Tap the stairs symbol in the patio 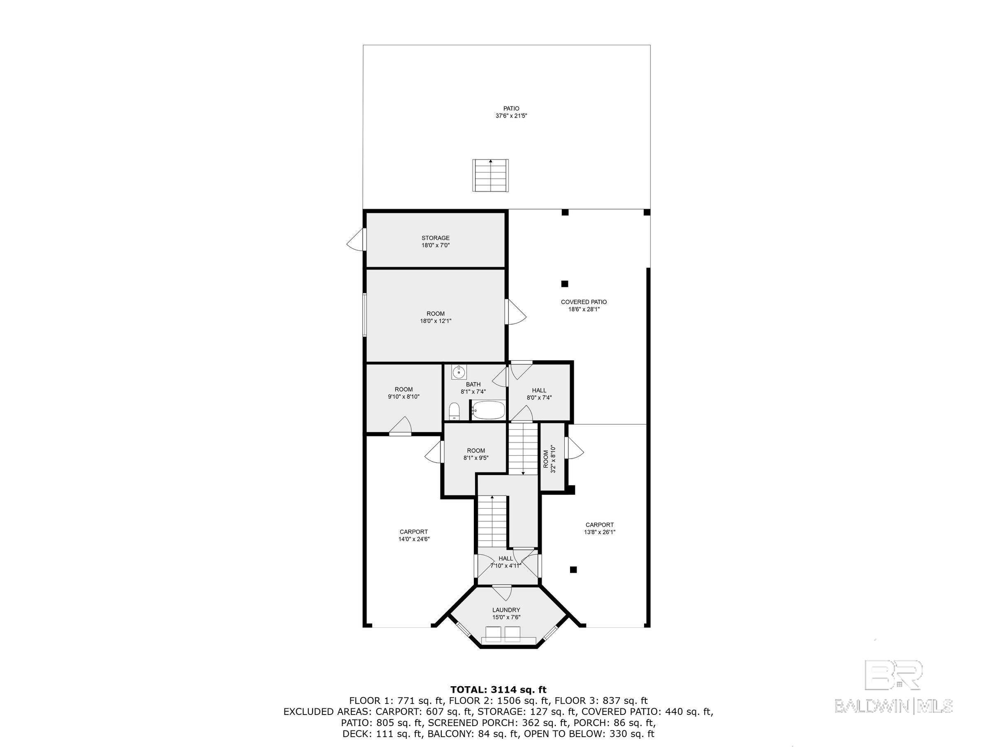[x=490, y=175]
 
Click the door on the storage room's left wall [x=356, y=240]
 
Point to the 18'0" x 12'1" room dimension [x=436, y=321]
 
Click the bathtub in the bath [x=488, y=410]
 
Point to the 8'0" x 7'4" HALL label [x=539, y=394]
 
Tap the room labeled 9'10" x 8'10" [x=403, y=393]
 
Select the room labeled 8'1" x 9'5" [x=476, y=454]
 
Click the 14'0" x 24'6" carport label [x=413, y=535]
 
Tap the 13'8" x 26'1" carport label [x=599, y=528]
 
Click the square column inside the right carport [x=573, y=569]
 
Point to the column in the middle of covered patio [x=564, y=284]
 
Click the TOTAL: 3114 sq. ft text [x=498, y=689]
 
